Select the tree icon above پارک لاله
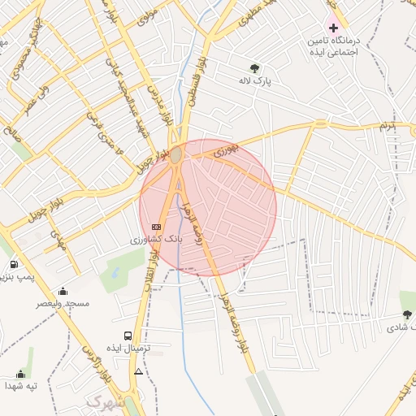(x=255, y=68)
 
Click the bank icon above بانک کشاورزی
(x=157, y=227)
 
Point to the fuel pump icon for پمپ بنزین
(x=15, y=265)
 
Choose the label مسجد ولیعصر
(x=63, y=303)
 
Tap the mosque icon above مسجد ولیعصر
(x=63, y=290)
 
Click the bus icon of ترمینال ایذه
(x=128, y=335)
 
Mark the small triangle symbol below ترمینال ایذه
(x=139, y=371)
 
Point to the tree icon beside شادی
(x=407, y=314)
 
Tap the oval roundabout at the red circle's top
(x=176, y=154)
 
